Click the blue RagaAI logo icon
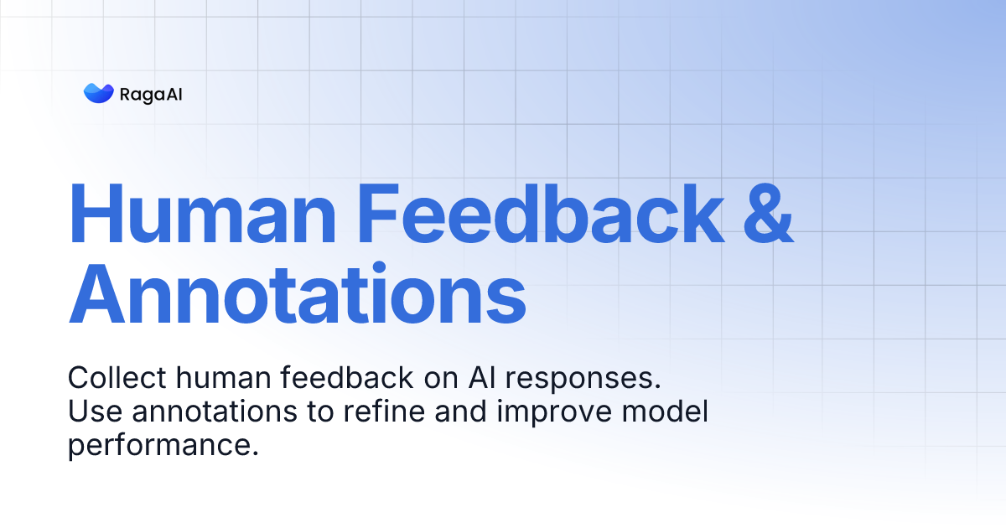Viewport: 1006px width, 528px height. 98,93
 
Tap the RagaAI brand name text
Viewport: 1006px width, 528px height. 151,94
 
